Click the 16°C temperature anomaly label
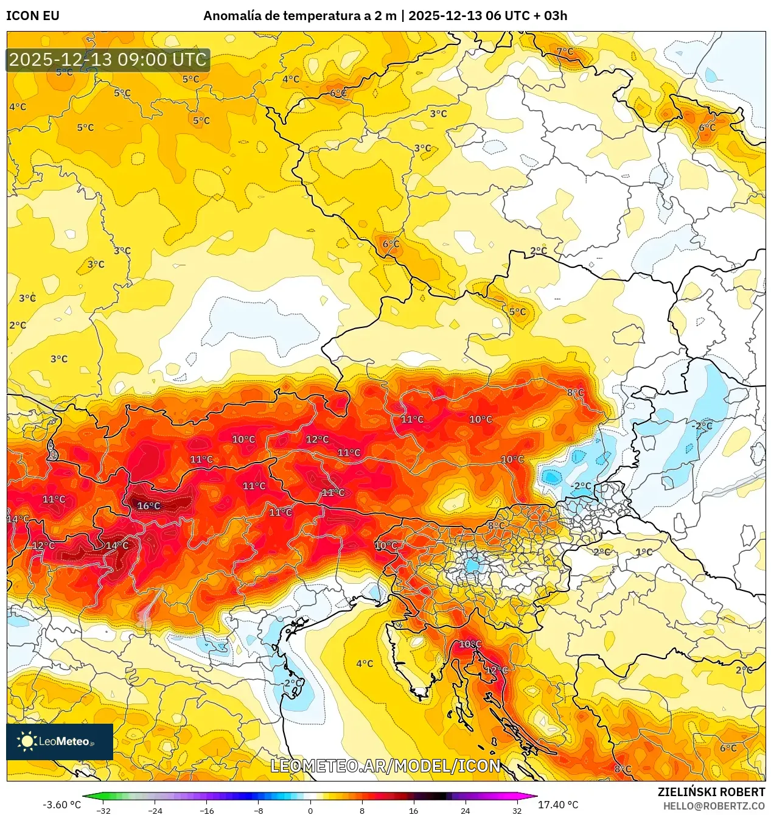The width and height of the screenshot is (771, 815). tap(148, 506)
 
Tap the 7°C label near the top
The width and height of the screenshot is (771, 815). tap(565, 51)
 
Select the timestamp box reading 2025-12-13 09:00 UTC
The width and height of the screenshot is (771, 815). tap(108, 60)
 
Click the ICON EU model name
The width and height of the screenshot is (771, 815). tap(33, 16)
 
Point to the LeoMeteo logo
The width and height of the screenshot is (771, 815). tap(60, 741)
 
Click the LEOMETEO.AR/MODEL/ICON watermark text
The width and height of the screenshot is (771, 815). tap(385, 766)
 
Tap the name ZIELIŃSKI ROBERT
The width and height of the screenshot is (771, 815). tap(711, 792)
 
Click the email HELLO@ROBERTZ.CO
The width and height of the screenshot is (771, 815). tap(713, 806)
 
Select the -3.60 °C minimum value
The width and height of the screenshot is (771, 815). tap(61, 805)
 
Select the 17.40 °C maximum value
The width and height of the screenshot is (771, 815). tap(558, 805)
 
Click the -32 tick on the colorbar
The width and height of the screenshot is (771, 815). tap(103, 811)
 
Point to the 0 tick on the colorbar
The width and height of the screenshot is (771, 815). tap(310, 811)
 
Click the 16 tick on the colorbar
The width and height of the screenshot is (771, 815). tap(414, 811)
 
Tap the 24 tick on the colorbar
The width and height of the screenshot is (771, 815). tap(466, 811)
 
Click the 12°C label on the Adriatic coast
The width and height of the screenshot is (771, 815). tap(496, 670)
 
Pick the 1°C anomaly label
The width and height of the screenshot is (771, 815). tap(644, 552)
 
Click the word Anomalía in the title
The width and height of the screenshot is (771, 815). tap(232, 16)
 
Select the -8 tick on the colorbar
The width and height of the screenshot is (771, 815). tap(259, 811)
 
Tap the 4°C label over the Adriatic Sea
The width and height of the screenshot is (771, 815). tap(365, 663)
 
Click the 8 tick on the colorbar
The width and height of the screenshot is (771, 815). tap(362, 811)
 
